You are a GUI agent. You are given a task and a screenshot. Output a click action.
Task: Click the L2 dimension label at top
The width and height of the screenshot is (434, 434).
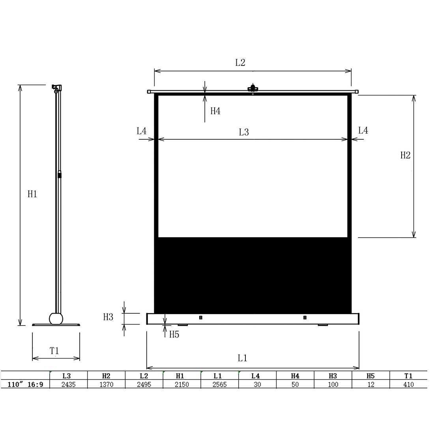(x=240, y=62)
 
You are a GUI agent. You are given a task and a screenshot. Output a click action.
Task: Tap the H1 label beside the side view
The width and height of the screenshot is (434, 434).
(x=32, y=194)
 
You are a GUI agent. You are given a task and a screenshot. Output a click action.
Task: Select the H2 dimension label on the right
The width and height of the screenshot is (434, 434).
(x=405, y=155)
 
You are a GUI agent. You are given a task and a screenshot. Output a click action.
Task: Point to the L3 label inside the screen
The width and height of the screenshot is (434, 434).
(x=244, y=132)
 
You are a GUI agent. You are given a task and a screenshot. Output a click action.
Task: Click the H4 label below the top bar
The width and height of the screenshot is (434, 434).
(x=215, y=111)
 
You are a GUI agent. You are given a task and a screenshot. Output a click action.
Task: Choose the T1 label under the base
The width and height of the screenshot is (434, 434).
(x=54, y=350)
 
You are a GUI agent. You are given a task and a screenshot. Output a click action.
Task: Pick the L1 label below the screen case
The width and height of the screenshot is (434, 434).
(x=242, y=358)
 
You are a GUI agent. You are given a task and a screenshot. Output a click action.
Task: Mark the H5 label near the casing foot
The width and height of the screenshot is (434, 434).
(x=174, y=335)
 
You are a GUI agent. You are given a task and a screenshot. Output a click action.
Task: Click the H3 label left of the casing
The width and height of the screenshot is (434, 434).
(x=108, y=317)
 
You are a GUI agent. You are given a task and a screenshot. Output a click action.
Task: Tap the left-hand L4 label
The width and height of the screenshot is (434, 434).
(x=142, y=131)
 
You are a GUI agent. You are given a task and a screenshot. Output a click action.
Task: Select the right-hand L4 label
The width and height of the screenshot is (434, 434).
(x=363, y=131)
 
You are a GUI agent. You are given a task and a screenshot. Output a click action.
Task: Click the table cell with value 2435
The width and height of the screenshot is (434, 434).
(x=68, y=384)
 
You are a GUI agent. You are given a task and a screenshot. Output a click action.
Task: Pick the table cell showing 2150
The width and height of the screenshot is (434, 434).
(x=181, y=384)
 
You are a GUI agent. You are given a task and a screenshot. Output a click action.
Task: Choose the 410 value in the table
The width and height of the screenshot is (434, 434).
(x=408, y=384)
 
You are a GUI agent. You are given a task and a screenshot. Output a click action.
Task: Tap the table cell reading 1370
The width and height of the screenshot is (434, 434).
(x=106, y=384)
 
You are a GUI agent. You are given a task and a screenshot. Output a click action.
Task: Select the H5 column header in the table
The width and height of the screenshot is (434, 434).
(x=370, y=376)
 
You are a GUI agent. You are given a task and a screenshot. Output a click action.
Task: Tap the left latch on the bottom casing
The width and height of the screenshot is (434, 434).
(x=200, y=317)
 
